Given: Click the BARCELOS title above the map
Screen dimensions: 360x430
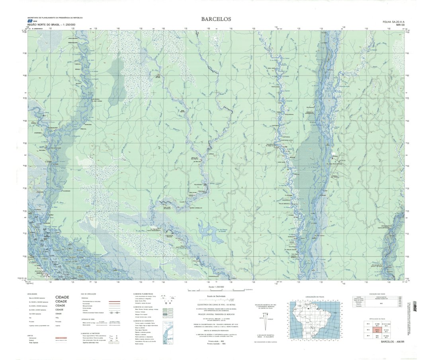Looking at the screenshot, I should point(216,19).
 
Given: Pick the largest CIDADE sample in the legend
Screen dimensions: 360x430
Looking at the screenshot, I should point(62,297).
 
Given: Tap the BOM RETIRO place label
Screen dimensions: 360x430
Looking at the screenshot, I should point(183,111).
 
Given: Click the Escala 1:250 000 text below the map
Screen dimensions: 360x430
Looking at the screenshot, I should point(216,287).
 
